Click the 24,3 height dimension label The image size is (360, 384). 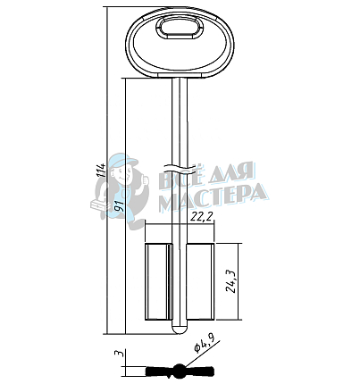coord(231,283)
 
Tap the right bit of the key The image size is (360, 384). coord(200,282)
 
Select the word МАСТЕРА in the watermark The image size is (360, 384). coord(213,193)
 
